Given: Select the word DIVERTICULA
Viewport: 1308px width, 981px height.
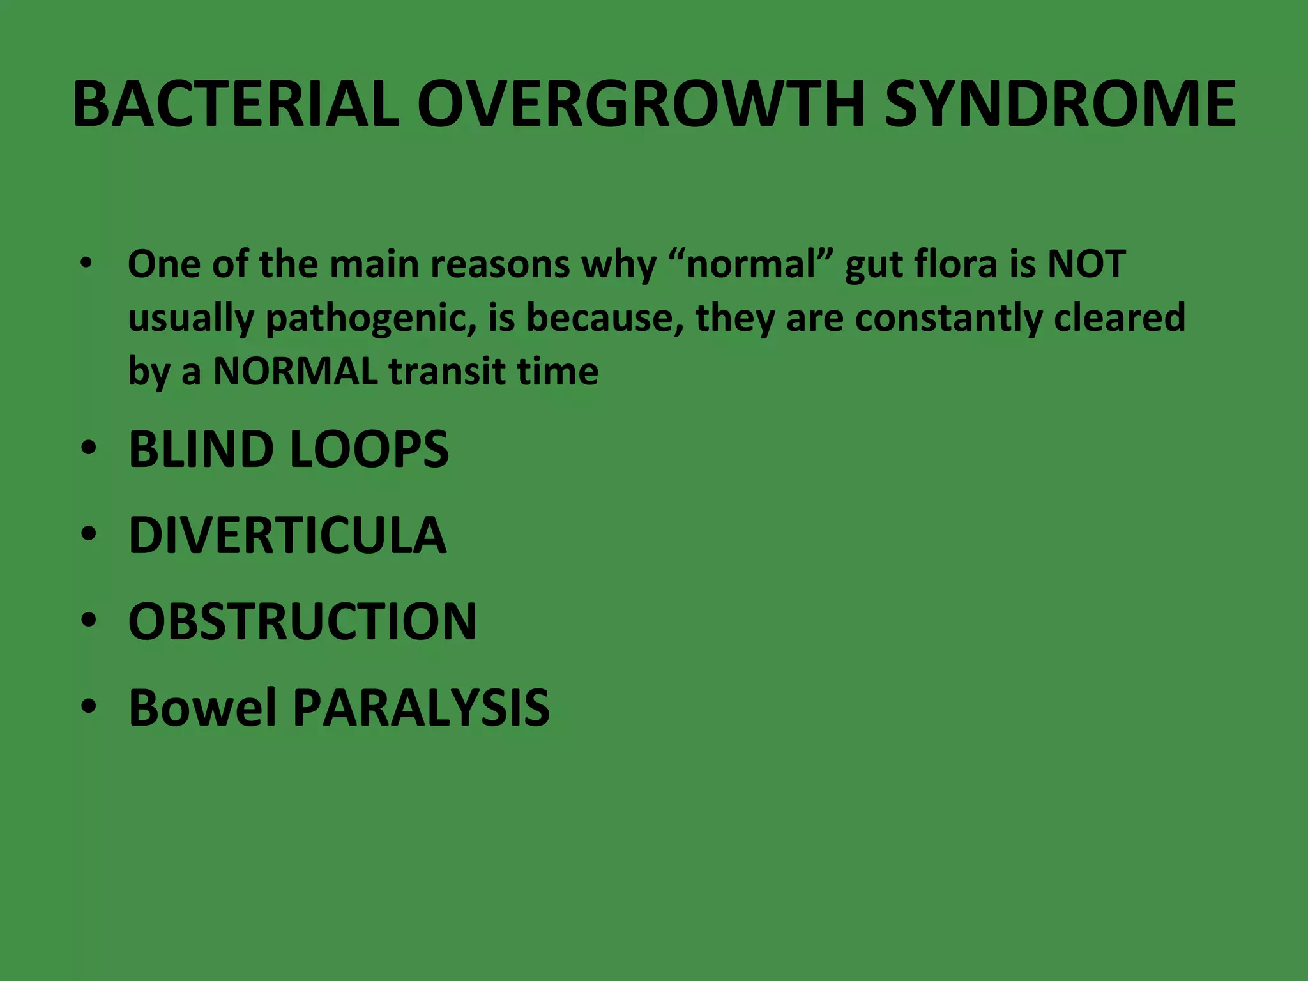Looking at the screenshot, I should [x=287, y=535].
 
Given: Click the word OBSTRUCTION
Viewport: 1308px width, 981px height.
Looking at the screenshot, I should [x=302, y=621].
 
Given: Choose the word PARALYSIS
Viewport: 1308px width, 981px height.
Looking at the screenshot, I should [x=421, y=707].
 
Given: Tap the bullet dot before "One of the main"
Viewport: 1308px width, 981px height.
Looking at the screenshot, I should [x=87, y=264].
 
